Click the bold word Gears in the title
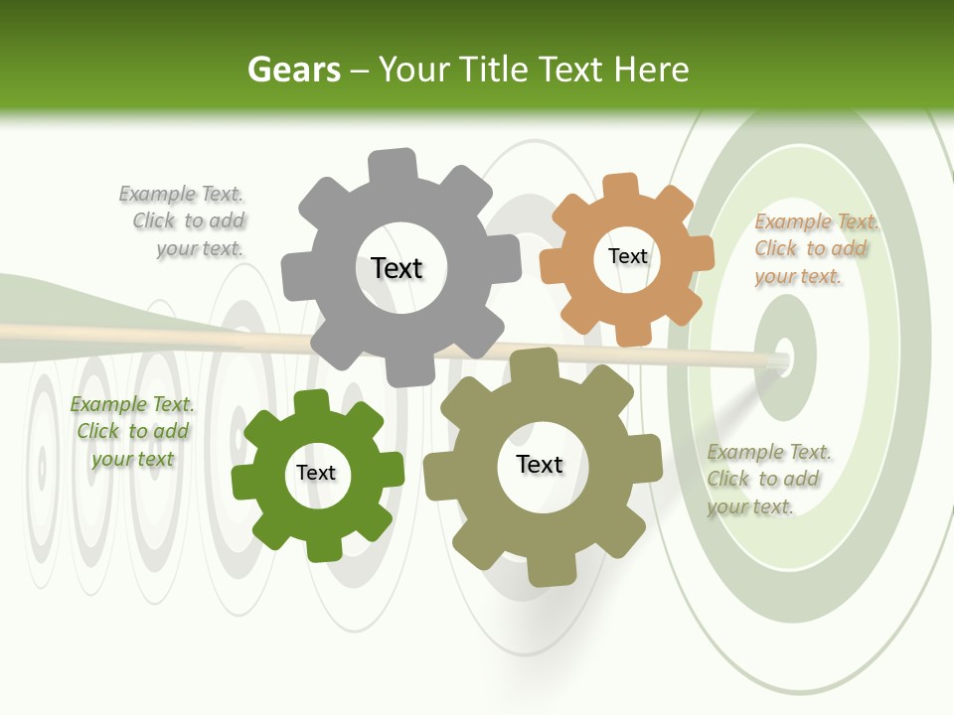(x=293, y=70)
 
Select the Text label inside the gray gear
(x=397, y=268)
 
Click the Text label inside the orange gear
(x=627, y=256)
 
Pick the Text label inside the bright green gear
(x=316, y=473)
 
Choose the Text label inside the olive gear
(x=540, y=464)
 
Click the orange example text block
(x=814, y=249)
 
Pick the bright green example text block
(x=131, y=432)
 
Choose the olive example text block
(x=767, y=480)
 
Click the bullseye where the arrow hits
(x=783, y=357)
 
